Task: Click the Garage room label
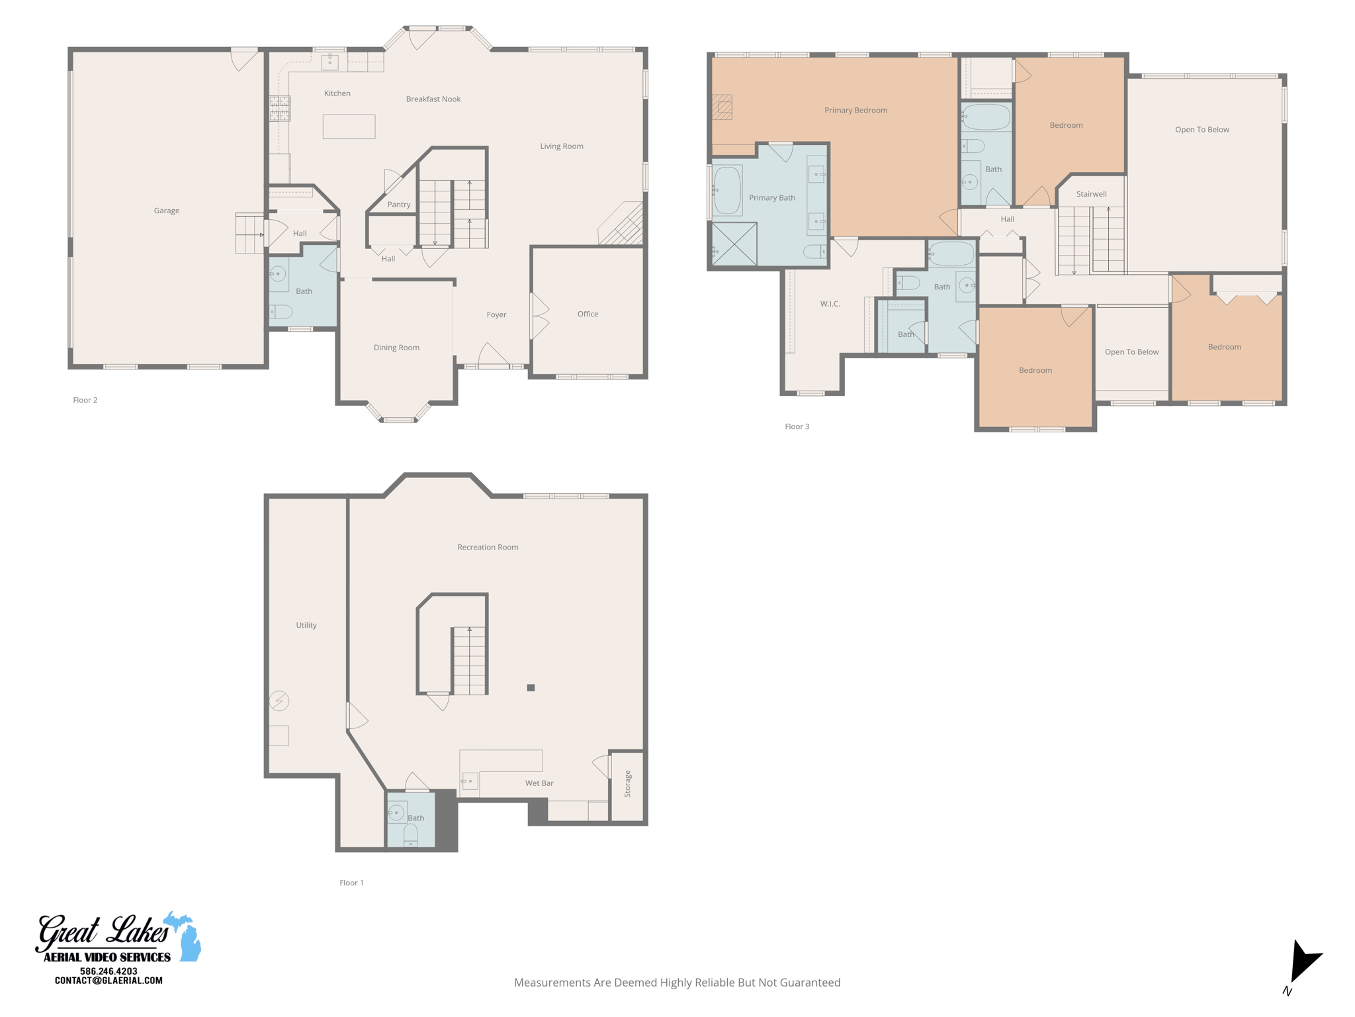pyautogui.click(x=167, y=211)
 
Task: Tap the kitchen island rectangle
pyautogui.click(x=349, y=126)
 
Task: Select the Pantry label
pyautogui.click(x=399, y=205)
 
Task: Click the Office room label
pyautogui.click(x=588, y=314)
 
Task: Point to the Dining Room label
pyautogui.click(x=396, y=348)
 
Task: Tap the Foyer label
pyautogui.click(x=496, y=315)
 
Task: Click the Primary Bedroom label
pyautogui.click(x=855, y=111)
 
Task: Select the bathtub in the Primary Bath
pyautogui.click(x=727, y=191)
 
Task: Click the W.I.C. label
pyautogui.click(x=830, y=304)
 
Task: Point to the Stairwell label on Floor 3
pyautogui.click(x=1091, y=194)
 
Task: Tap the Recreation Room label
pyautogui.click(x=488, y=547)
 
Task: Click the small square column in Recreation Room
pyautogui.click(x=531, y=688)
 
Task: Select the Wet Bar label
pyautogui.click(x=539, y=783)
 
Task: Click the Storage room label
pyautogui.click(x=627, y=784)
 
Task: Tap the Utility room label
pyautogui.click(x=306, y=625)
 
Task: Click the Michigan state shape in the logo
pyautogui.click(x=186, y=935)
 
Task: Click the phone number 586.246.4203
pyautogui.click(x=109, y=971)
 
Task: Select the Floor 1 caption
pyautogui.click(x=351, y=883)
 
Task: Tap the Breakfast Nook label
pyautogui.click(x=433, y=99)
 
